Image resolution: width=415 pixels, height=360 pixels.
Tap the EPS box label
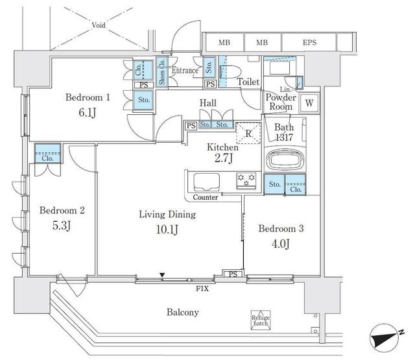310,43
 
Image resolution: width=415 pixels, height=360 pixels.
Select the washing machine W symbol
309,102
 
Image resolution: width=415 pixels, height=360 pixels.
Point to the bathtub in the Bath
284,159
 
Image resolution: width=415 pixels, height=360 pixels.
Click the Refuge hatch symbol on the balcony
261,319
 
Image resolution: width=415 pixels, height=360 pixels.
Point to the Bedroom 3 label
281,228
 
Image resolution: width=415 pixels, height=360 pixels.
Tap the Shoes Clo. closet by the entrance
161,73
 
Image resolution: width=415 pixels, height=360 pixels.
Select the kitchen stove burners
246,179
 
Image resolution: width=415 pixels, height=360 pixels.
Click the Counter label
205,197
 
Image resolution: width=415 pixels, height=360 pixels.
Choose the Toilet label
248,82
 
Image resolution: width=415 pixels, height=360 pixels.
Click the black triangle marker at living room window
163,277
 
